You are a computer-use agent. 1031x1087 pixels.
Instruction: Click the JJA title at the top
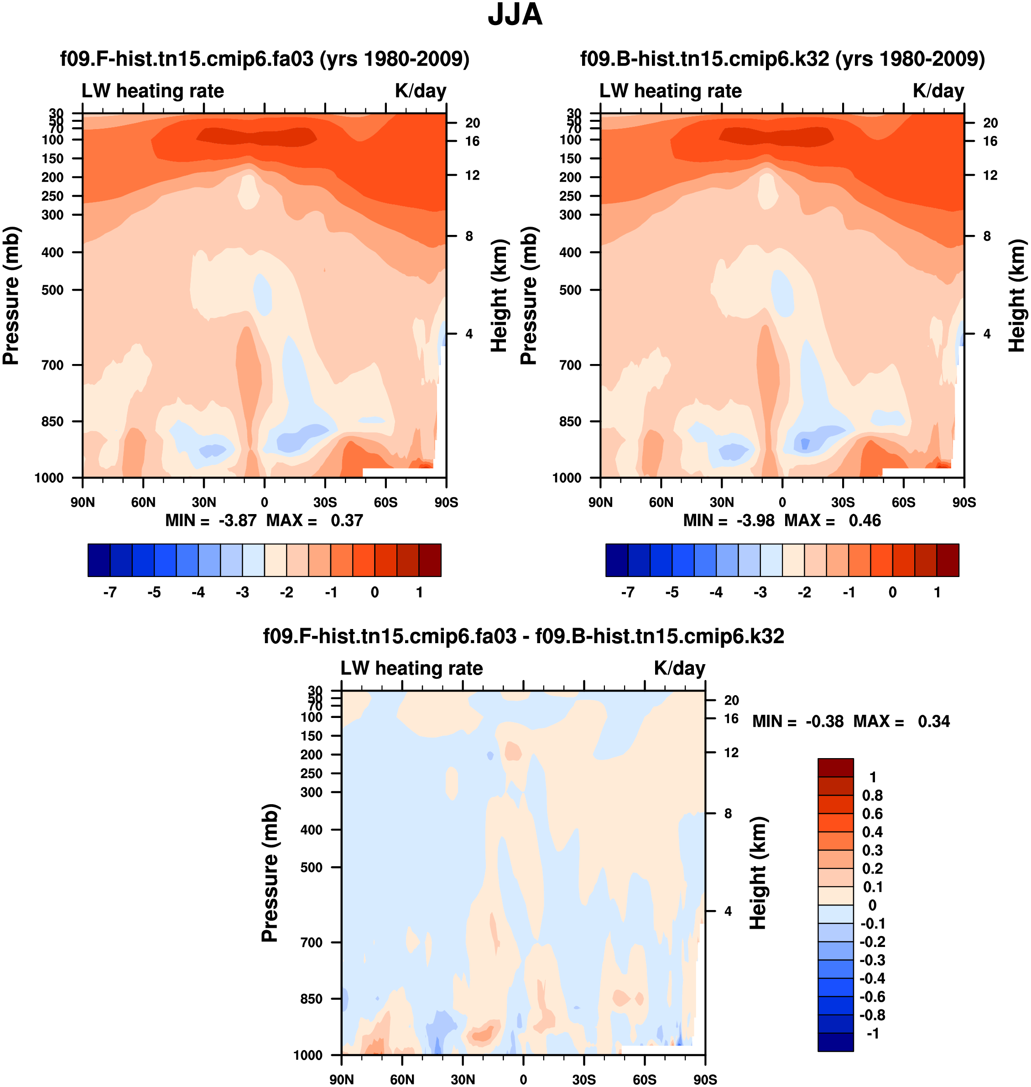515,15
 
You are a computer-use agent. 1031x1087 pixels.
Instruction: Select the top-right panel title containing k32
782,59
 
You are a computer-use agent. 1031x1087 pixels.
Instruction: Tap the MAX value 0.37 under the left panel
347,520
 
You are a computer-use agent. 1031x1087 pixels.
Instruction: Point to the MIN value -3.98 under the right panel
755,520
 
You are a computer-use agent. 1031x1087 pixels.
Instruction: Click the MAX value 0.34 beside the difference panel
934,721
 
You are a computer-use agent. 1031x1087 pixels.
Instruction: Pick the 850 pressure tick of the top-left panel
53,421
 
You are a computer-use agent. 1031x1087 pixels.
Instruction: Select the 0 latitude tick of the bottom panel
523,1079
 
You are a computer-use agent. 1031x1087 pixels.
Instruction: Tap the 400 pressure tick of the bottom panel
311,830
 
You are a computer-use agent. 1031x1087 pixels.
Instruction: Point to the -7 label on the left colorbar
110,593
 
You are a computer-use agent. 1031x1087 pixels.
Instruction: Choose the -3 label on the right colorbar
760,593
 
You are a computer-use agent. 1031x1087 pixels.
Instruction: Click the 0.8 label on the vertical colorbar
872,795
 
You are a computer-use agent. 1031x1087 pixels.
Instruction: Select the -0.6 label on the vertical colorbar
872,996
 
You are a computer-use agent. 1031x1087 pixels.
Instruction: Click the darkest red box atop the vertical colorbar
835,767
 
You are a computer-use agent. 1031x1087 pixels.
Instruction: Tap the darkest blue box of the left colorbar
99,560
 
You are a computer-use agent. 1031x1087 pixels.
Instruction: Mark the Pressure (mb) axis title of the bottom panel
270,873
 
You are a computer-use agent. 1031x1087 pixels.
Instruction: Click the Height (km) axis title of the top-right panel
1017,296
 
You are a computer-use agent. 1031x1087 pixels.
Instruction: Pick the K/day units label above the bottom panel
679,668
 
